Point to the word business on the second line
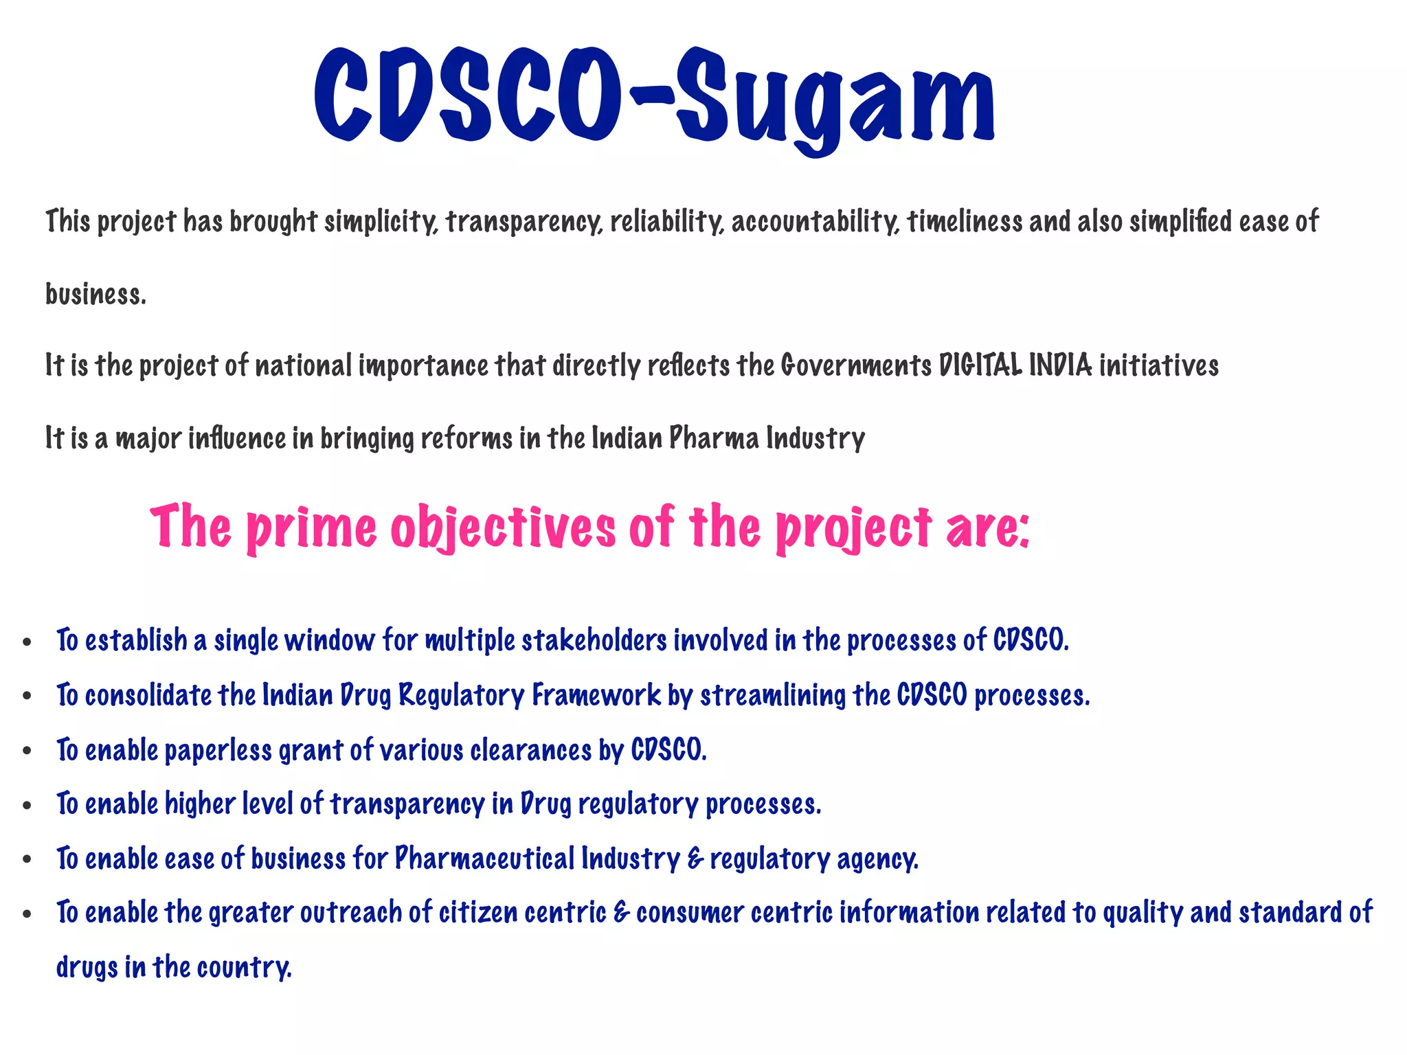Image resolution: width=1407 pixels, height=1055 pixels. pyautogui.click(x=95, y=295)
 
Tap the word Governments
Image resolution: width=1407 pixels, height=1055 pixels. pyautogui.click(x=856, y=365)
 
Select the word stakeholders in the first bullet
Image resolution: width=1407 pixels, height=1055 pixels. pyautogui.click(x=594, y=640)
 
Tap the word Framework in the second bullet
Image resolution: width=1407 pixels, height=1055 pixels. pyautogui.click(x=596, y=695)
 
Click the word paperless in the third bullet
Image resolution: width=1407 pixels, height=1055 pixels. pyautogui.click(x=218, y=750)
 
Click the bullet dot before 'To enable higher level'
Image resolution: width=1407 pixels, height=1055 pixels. pyautogui.click(x=27, y=806)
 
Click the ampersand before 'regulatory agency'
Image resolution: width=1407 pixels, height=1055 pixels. pyautogui.click(x=695, y=859)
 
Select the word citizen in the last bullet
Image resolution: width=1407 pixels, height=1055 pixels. pyautogui.click(x=478, y=913)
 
